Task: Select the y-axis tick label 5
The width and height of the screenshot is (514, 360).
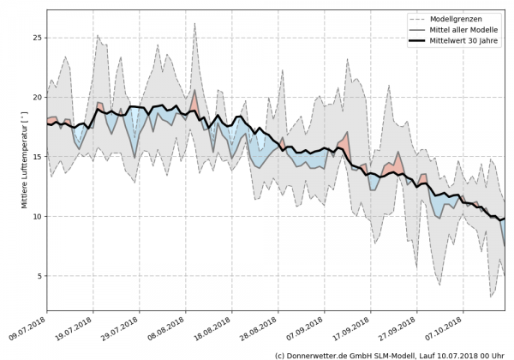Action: pos(39,276)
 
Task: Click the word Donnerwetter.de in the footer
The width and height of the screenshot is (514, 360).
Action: pos(319,354)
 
